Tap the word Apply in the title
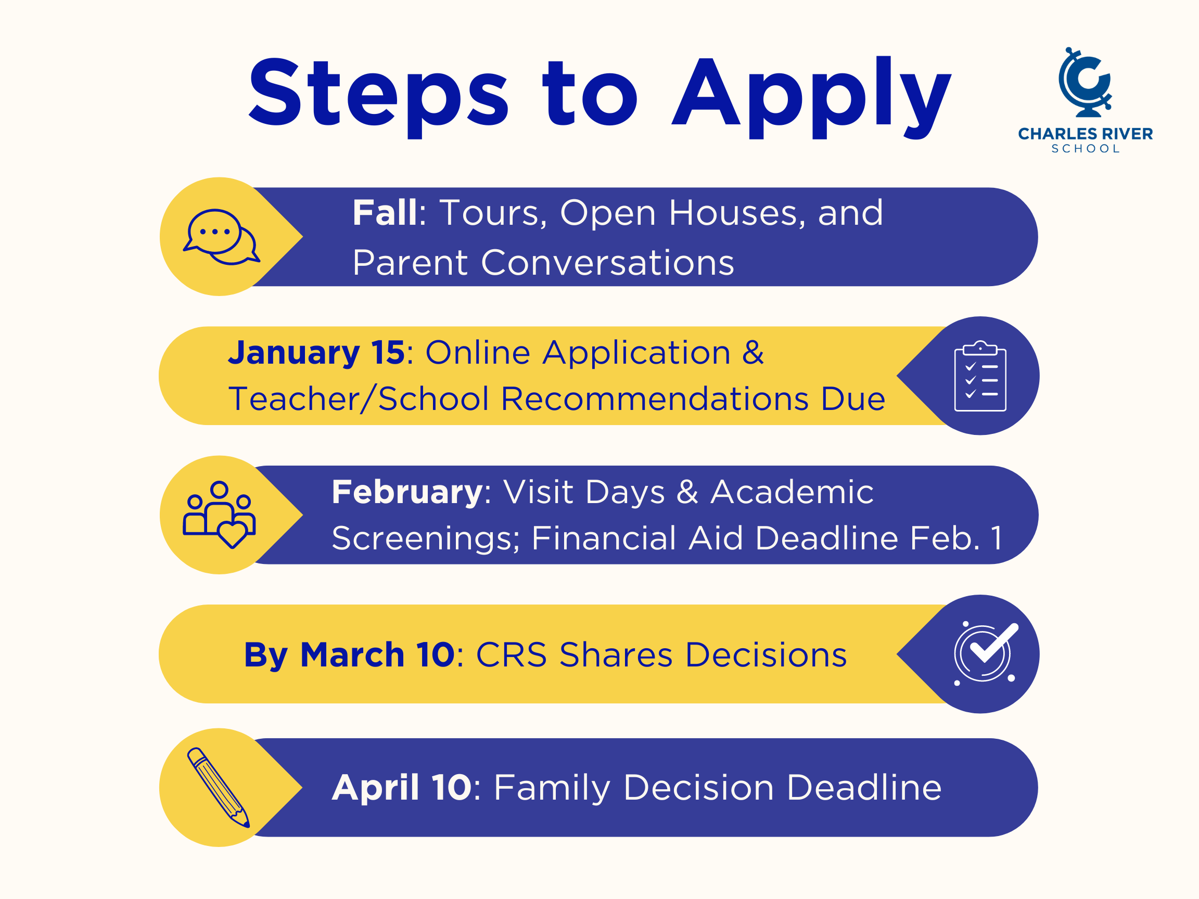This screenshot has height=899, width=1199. (x=811, y=96)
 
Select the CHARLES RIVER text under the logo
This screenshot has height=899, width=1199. (x=1085, y=134)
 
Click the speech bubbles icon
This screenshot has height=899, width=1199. (x=221, y=237)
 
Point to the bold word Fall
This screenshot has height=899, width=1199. (x=386, y=212)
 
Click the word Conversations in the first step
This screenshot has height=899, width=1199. (x=607, y=263)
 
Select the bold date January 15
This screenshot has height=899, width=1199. (x=316, y=353)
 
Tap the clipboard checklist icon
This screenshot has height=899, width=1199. (x=980, y=376)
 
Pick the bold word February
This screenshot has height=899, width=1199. (x=407, y=493)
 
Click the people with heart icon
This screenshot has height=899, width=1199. (x=219, y=515)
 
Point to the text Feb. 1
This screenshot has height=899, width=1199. (x=956, y=538)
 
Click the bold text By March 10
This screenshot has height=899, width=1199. (x=349, y=655)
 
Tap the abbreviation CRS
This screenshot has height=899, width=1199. (x=511, y=654)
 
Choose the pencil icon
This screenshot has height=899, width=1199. (x=219, y=787)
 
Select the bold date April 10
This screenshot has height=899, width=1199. (x=402, y=787)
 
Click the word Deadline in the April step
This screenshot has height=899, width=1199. (x=864, y=787)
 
